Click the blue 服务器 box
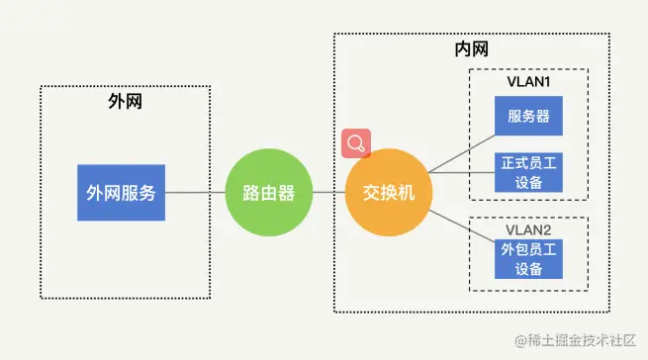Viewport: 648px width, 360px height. (529, 117)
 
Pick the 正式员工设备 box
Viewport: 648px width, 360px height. (529, 171)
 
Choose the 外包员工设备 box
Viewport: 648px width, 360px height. (529, 259)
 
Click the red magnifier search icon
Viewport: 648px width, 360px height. (355, 143)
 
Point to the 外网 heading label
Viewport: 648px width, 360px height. (125, 102)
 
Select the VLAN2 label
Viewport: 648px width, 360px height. (529, 227)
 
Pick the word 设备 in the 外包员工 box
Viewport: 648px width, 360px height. (529, 269)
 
